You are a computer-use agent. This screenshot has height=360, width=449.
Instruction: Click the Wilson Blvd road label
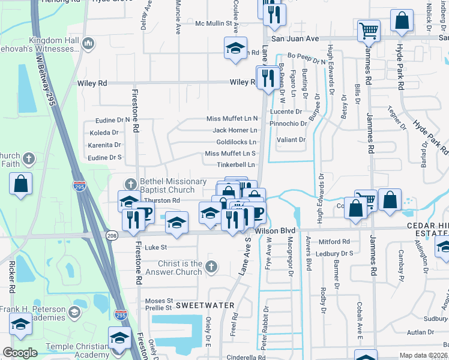coord(276,230)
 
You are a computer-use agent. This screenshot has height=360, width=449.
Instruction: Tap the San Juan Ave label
coord(295,38)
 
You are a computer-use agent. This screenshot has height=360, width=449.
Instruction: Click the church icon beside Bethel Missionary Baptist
coord(130,183)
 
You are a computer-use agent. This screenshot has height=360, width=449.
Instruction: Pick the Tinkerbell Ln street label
coord(237,164)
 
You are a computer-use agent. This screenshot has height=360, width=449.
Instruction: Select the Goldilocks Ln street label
coord(237,142)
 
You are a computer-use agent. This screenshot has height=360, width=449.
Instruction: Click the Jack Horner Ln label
coord(235,130)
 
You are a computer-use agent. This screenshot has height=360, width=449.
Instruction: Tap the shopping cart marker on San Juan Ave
coord(369,30)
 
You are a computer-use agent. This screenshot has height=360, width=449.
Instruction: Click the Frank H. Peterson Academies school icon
coord(73,312)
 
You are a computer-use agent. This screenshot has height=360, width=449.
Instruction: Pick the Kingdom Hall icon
coord(88,43)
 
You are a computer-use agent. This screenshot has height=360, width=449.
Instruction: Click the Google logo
coord(20,353)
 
